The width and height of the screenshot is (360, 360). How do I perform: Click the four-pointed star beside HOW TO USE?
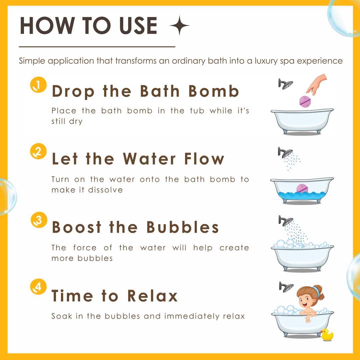tap(180, 25)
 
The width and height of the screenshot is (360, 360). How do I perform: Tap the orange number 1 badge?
tap(38, 85)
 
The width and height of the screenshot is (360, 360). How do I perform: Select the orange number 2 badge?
tap(38, 151)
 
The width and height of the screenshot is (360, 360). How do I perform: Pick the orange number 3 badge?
tap(39, 220)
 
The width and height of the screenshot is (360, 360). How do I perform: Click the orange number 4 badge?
tap(38, 287)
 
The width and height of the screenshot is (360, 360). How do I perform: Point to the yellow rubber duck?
tap(327, 335)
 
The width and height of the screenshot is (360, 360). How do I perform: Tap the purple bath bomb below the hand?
tap(305, 101)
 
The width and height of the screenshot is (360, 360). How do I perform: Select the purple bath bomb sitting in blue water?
tap(302, 188)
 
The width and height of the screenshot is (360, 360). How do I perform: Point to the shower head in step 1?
tap(286, 84)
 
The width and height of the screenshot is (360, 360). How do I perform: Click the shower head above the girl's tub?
tap(286, 287)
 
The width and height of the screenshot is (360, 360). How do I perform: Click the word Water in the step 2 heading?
tap(149, 159)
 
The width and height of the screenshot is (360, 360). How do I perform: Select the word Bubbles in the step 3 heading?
tap(183, 227)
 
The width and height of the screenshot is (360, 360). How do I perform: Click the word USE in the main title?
tap(138, 25)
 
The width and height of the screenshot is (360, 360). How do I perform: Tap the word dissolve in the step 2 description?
tap(105, 190)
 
